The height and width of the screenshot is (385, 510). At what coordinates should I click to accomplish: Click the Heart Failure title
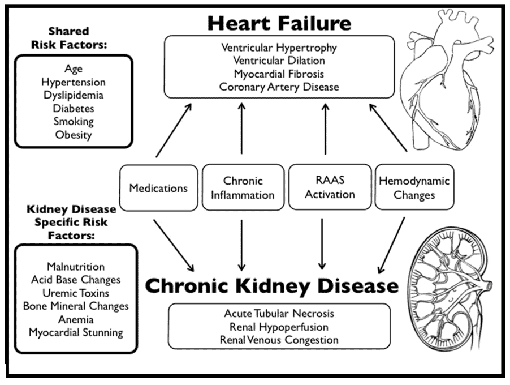point(279,23)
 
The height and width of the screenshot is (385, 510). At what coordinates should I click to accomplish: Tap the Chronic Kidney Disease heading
point(271,285)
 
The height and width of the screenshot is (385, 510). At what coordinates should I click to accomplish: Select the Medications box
point(158,188)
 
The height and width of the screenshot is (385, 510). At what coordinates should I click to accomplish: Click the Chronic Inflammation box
point(243,188)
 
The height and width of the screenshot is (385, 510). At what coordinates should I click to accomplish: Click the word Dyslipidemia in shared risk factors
point(74,95)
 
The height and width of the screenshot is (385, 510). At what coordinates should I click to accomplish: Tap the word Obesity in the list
point(74,135)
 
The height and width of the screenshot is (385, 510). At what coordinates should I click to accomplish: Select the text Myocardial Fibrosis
point(279,74)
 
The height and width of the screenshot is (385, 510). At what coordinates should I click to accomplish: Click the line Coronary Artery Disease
point(279,87)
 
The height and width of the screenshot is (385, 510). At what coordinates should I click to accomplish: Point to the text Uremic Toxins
point(76,293)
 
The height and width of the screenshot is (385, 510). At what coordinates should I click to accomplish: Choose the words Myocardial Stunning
point(76,332)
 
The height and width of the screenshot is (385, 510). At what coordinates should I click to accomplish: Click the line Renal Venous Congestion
point(279,340)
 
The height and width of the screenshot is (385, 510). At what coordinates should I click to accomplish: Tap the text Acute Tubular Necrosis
point(279,313)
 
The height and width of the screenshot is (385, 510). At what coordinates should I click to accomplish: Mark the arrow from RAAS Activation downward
point(322,243)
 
